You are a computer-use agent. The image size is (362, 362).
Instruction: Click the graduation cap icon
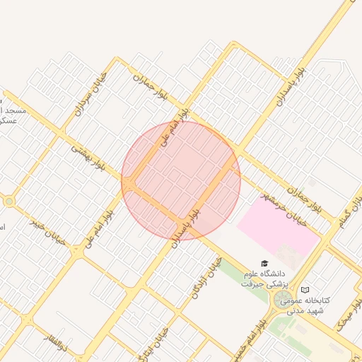[264, 262]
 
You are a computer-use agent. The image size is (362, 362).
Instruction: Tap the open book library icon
[305, 290]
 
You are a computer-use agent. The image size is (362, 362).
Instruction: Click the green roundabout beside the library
[283, 300]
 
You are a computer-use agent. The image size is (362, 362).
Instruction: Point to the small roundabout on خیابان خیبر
[8, 202]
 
